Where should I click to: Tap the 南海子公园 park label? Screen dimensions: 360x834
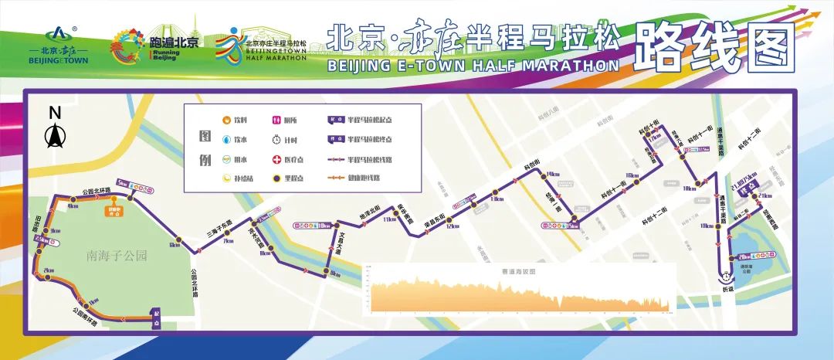coord(117,255)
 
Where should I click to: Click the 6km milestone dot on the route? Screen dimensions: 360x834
coord(177,240)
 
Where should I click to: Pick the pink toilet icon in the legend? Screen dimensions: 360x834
coord(277,121)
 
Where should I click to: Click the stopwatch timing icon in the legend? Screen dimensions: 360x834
coord(277,140)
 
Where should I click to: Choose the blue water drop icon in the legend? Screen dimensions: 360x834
coord(226,140)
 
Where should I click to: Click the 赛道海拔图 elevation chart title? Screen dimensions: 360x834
coord(518,272)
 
